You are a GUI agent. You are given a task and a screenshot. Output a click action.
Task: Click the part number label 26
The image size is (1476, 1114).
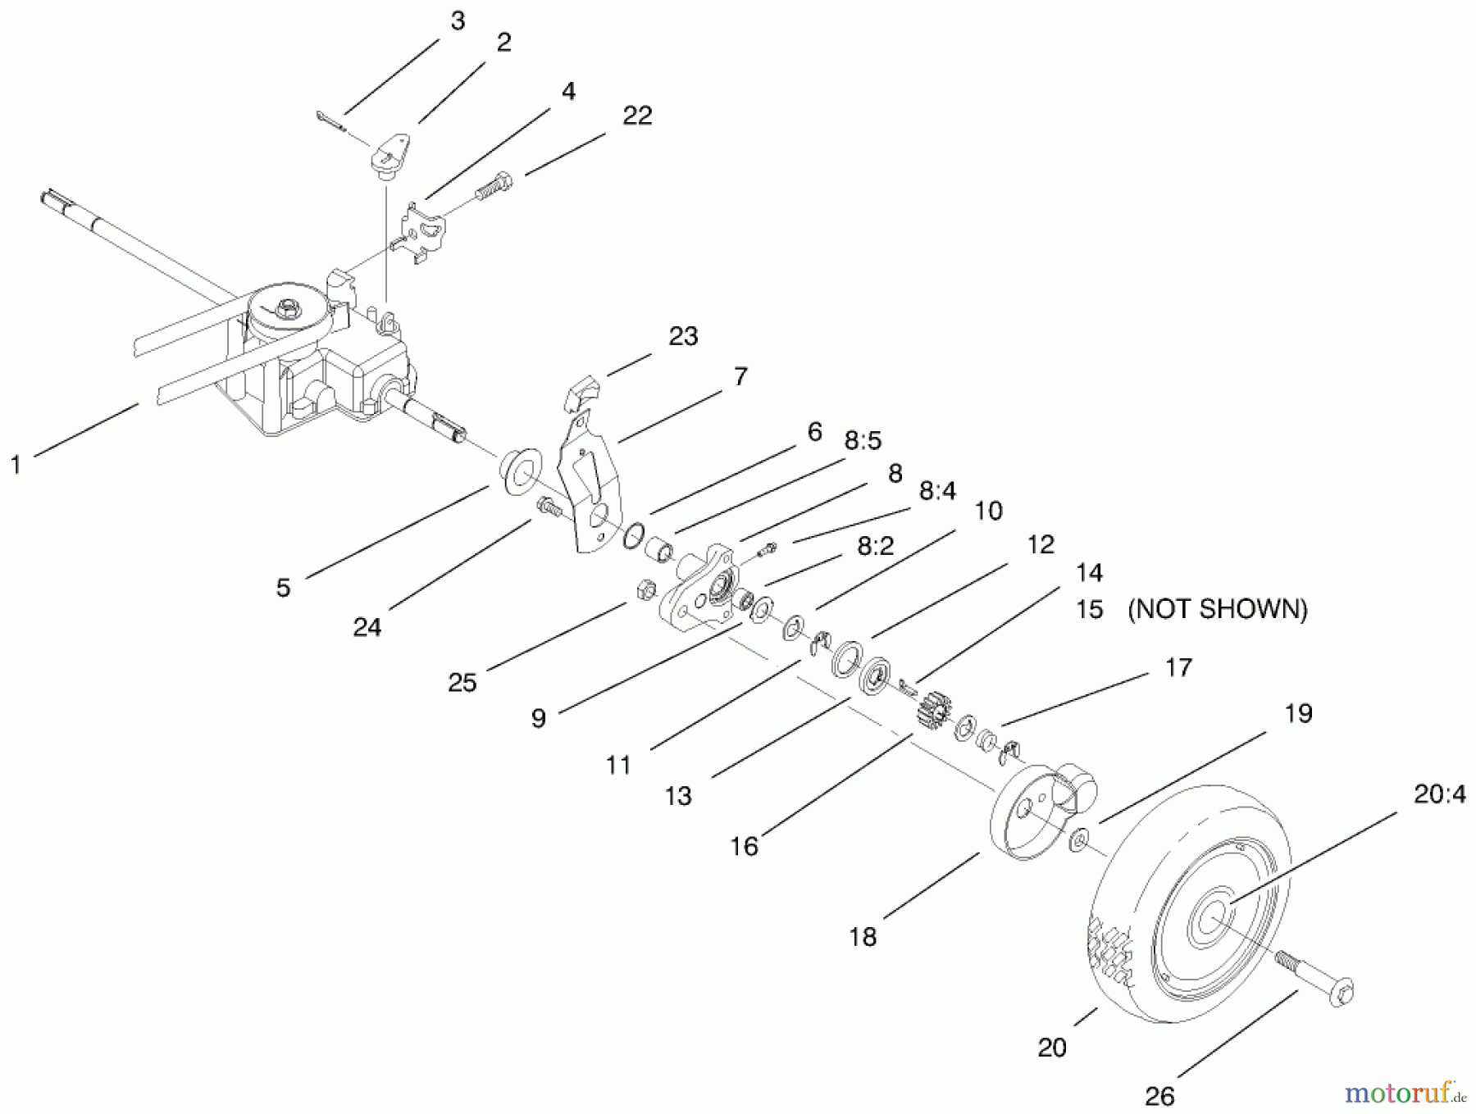coord(1159,1096)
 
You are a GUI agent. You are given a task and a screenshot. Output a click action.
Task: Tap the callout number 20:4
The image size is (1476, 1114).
coord(1440,794)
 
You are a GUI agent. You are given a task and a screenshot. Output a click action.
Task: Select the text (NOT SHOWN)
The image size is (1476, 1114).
coord(1218,609)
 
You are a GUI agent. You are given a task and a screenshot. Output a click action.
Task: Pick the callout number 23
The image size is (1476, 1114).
coord(683,336)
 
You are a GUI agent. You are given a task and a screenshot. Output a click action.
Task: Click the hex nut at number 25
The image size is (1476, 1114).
coord(645,589)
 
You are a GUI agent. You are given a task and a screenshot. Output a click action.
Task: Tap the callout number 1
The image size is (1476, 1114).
coord(16,465)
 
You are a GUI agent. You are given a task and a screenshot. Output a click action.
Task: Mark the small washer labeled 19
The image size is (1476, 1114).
coord(1080,839)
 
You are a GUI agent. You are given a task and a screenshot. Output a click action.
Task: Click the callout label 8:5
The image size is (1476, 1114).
coord(863,441)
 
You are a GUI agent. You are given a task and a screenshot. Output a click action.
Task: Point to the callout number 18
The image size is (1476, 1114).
coord(863,936)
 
